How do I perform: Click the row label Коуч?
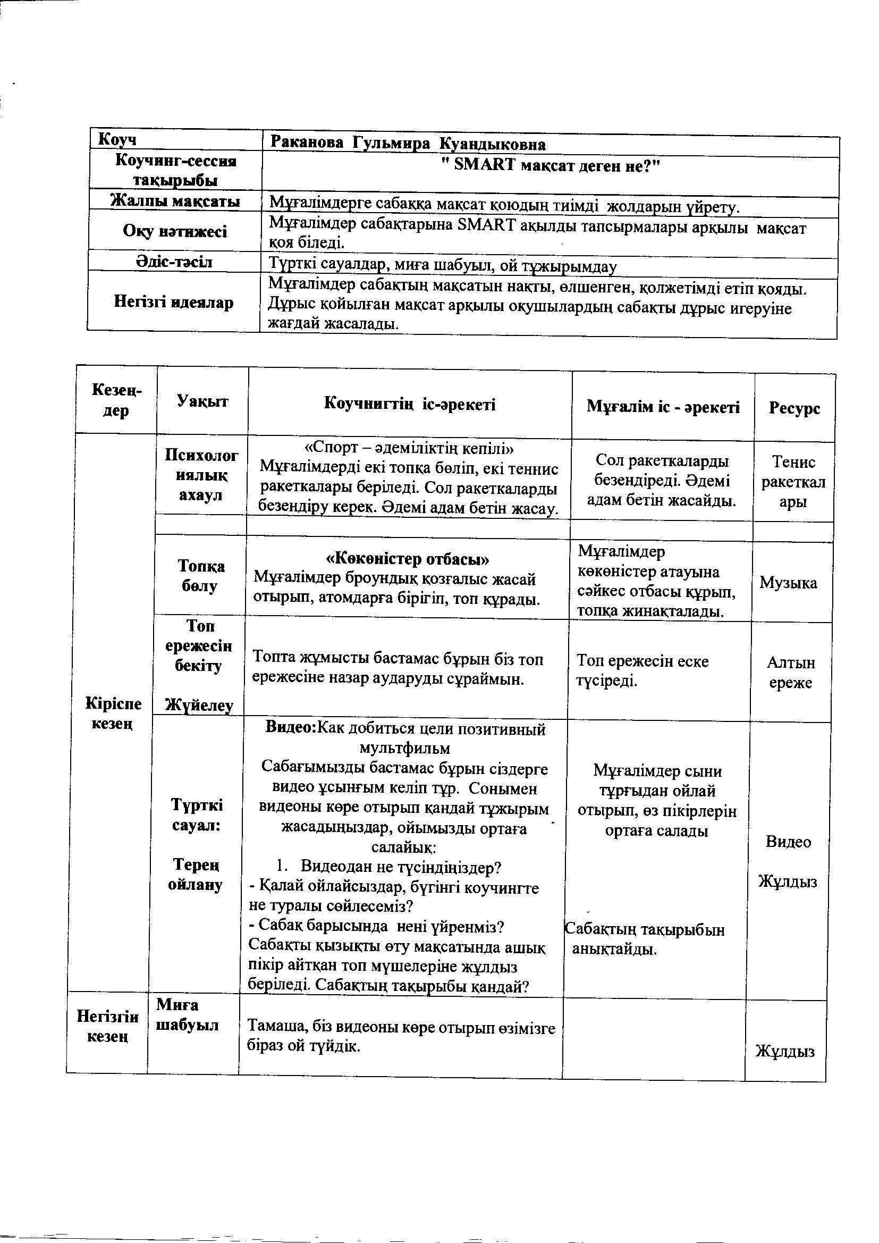(116, 140)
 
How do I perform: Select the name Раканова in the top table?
(306, 144)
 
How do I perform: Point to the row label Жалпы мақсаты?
(175, 201)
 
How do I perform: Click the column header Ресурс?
(794, 408)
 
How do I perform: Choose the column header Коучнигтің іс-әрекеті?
(410, 404)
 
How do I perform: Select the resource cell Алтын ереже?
(791, 673)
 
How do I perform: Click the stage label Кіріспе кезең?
(114, 713)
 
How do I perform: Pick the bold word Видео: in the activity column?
(291, 728)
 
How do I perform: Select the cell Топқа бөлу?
(201, 576)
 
